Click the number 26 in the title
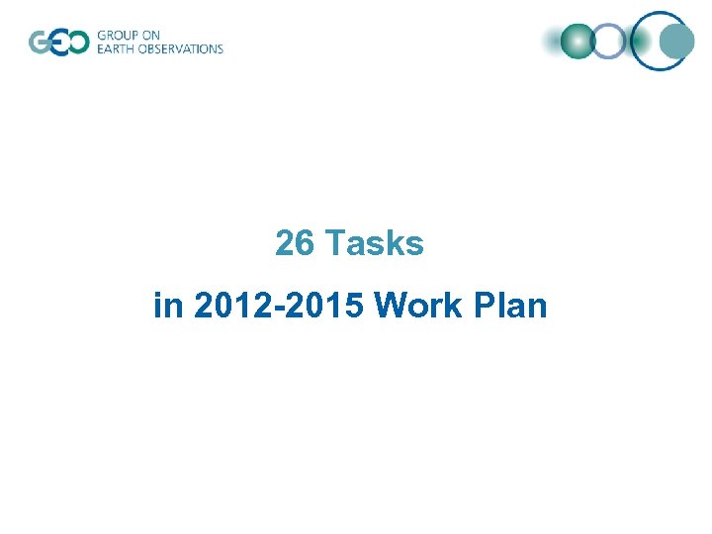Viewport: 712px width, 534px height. point(296,243)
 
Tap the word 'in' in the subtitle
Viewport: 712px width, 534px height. point(168,306)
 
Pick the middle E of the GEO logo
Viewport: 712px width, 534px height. point(57,43)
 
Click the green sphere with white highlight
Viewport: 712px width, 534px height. point(578,42)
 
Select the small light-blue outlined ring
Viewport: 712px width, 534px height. point(610,42)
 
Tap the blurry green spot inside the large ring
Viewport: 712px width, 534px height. point(643,42)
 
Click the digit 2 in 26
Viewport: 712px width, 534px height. point(286,243)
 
